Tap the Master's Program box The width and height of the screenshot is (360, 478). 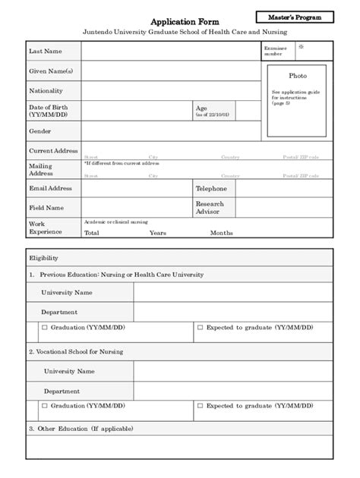coord(300,16)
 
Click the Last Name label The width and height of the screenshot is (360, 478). coord(45,51)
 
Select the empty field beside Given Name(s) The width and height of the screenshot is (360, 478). coord(166,71)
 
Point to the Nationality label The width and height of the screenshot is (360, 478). coord(46,91)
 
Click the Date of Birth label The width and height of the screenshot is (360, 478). coord(49,111)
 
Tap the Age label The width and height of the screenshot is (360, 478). coord(202,108)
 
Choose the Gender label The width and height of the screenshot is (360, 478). coord(40,131)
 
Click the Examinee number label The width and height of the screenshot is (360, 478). coord(274,51)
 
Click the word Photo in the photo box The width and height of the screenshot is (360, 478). coord(298,76)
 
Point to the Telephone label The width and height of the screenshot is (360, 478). coord(211,188)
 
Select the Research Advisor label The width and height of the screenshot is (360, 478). coord(210,207)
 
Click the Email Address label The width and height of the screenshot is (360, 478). coord(50,188)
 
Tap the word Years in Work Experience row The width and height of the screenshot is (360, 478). coord(157,233)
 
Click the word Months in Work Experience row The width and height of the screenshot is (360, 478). coord(222,233)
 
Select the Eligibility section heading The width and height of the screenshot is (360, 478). coord(43,258)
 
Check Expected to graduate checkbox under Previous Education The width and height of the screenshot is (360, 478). coord(200,329)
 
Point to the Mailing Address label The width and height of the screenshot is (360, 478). coord(41,169)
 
